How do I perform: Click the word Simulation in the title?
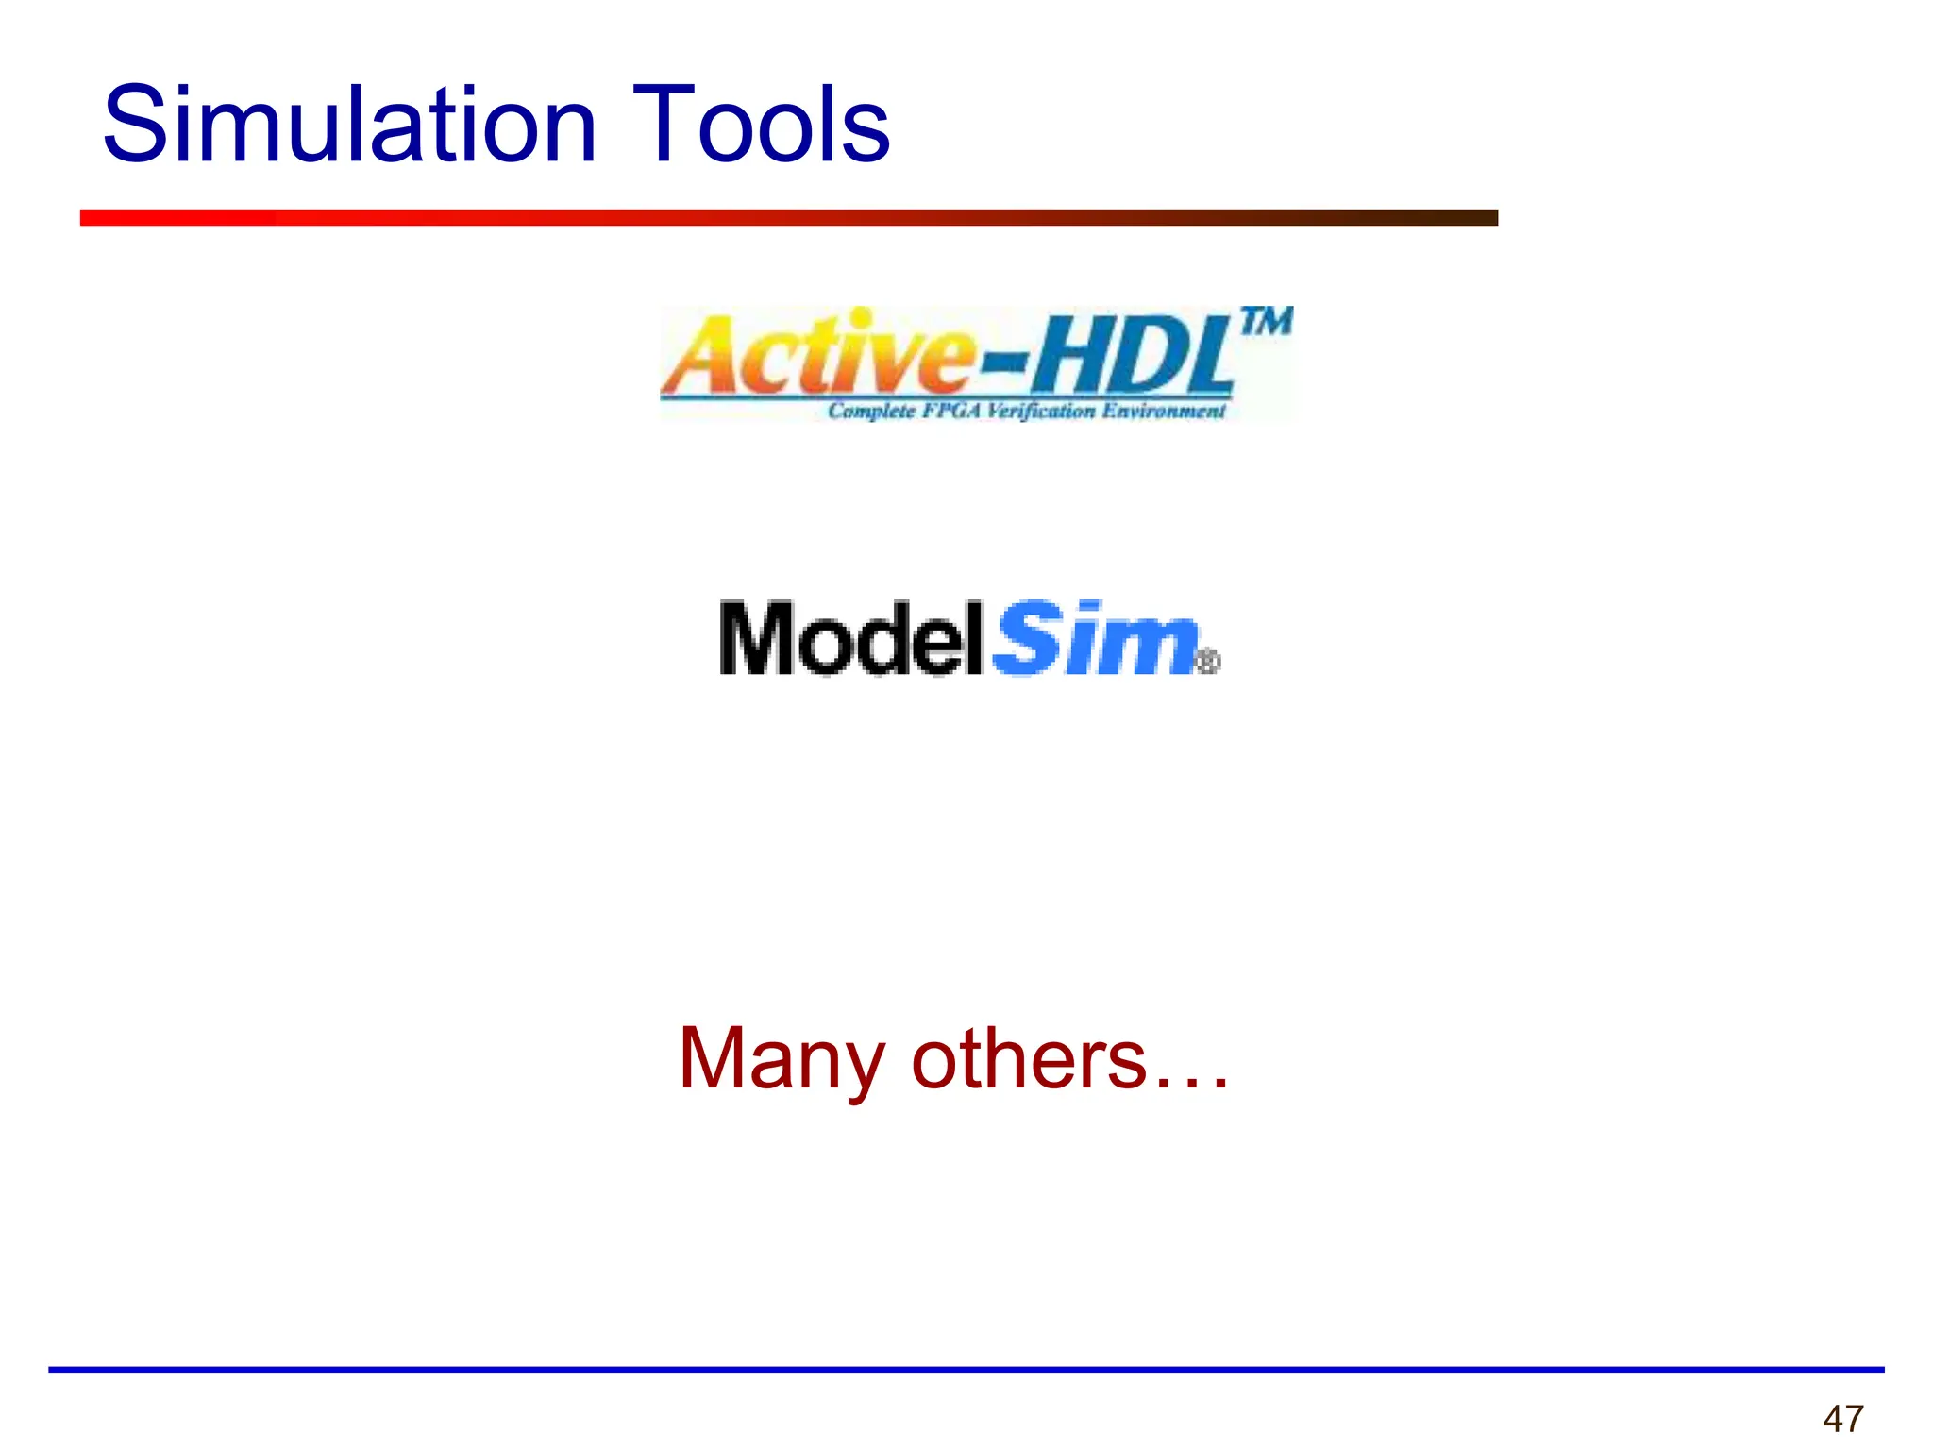click(x=349, y=125)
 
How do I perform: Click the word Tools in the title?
click(x=761, y=125)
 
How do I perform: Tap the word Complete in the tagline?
click(x=871, y=412)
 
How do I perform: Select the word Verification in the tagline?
click(x=1042, y=412)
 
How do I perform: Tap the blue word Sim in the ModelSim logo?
click(x=1095, y=639)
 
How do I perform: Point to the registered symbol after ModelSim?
click(x=1207, y=662)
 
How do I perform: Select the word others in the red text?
click(x=1029, y=1060)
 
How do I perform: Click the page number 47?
click(x=1843, y=1419)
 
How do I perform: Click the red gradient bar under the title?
click(x=788, y=218)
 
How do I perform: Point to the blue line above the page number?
click(x=966, y=1369)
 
